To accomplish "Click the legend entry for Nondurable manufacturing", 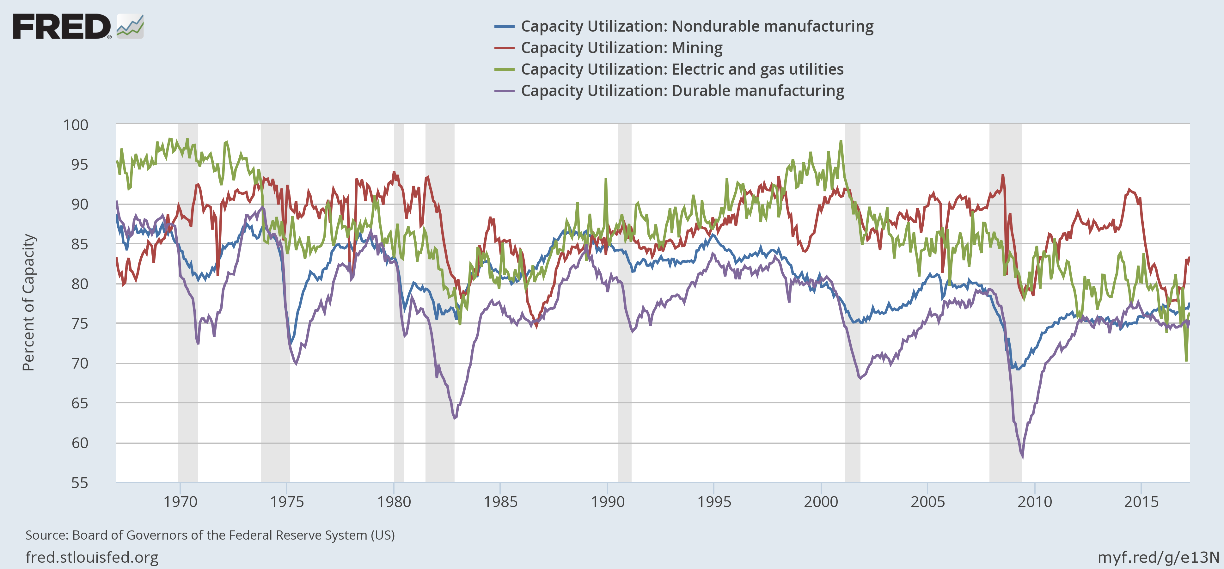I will [x=697, y=26].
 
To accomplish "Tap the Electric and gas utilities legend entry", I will [x=682, y=69].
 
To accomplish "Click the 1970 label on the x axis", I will [x=180, y=502].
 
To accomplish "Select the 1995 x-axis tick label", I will [x=714, y=502].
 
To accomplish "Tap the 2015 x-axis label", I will [x=1141, y=502].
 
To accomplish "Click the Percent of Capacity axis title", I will [x=28, y=302].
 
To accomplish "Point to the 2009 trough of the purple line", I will [x=1022, y=457].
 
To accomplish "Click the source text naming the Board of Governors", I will [x=210, y=535].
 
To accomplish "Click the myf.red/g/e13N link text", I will [x=1158, y=557].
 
